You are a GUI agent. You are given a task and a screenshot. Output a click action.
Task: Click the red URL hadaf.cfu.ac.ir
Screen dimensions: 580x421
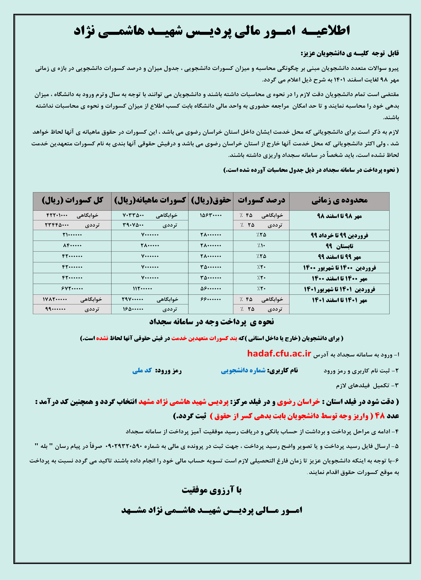(279, 353)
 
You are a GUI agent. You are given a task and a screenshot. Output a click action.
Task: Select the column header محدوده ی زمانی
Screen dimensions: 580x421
(339, 201)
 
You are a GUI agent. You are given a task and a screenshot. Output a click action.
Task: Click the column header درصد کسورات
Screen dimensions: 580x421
(261, 201)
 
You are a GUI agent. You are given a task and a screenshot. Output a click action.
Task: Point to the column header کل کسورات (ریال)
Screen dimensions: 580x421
(72, 201)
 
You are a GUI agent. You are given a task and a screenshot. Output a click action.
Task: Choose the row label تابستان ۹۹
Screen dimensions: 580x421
(339, 246)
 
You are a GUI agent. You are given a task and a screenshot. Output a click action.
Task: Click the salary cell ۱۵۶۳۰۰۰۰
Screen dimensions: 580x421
(211, 215)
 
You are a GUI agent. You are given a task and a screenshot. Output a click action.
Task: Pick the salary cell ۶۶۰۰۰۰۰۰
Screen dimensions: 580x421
(211, 299)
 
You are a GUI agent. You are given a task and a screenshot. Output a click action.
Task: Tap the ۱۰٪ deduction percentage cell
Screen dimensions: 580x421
(261, 246)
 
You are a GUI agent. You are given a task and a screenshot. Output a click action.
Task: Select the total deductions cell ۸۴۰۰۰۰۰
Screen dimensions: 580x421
(72, 246)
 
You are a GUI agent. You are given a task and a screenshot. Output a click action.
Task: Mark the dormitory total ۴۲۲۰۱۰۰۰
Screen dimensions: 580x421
(57, 215)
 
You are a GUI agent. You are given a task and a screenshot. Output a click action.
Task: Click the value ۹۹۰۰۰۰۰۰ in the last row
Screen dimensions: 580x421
(55, 309)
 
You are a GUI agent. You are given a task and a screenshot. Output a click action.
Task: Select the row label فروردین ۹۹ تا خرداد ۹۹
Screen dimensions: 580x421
(339, 235)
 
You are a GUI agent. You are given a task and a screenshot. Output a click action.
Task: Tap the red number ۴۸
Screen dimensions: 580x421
(380, 416)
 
